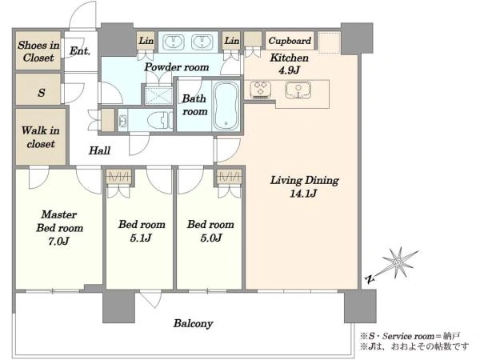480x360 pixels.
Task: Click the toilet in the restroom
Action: tap(160, 120)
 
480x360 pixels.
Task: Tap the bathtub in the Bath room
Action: tap(226, 106)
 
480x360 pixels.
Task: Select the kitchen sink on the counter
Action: tap(298, 90)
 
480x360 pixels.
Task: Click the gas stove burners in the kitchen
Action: tap(261, 90)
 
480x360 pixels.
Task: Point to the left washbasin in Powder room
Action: tap(174, 42)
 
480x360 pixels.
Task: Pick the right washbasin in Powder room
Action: tap(202, 42)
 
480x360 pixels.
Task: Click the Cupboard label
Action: tap(290, 41)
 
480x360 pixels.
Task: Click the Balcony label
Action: tap(193, 323)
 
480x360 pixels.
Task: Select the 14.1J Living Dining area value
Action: tap(303, 194)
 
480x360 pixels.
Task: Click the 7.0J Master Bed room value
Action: tap(58, 242)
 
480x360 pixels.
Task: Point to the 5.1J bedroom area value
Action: tap(141, 238)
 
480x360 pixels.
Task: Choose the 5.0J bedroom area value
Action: tap(211, 238)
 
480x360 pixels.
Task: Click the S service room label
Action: tap(42, 93)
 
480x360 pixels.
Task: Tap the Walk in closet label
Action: tap(41, 137)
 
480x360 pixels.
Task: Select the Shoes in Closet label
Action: tap(38, 51)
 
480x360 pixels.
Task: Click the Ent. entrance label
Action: tap(80, 51)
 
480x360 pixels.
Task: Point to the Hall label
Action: tap(99, 150)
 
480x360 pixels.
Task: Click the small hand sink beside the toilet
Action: tap(122, 120)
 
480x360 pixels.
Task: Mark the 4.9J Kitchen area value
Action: tap(289, 70)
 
